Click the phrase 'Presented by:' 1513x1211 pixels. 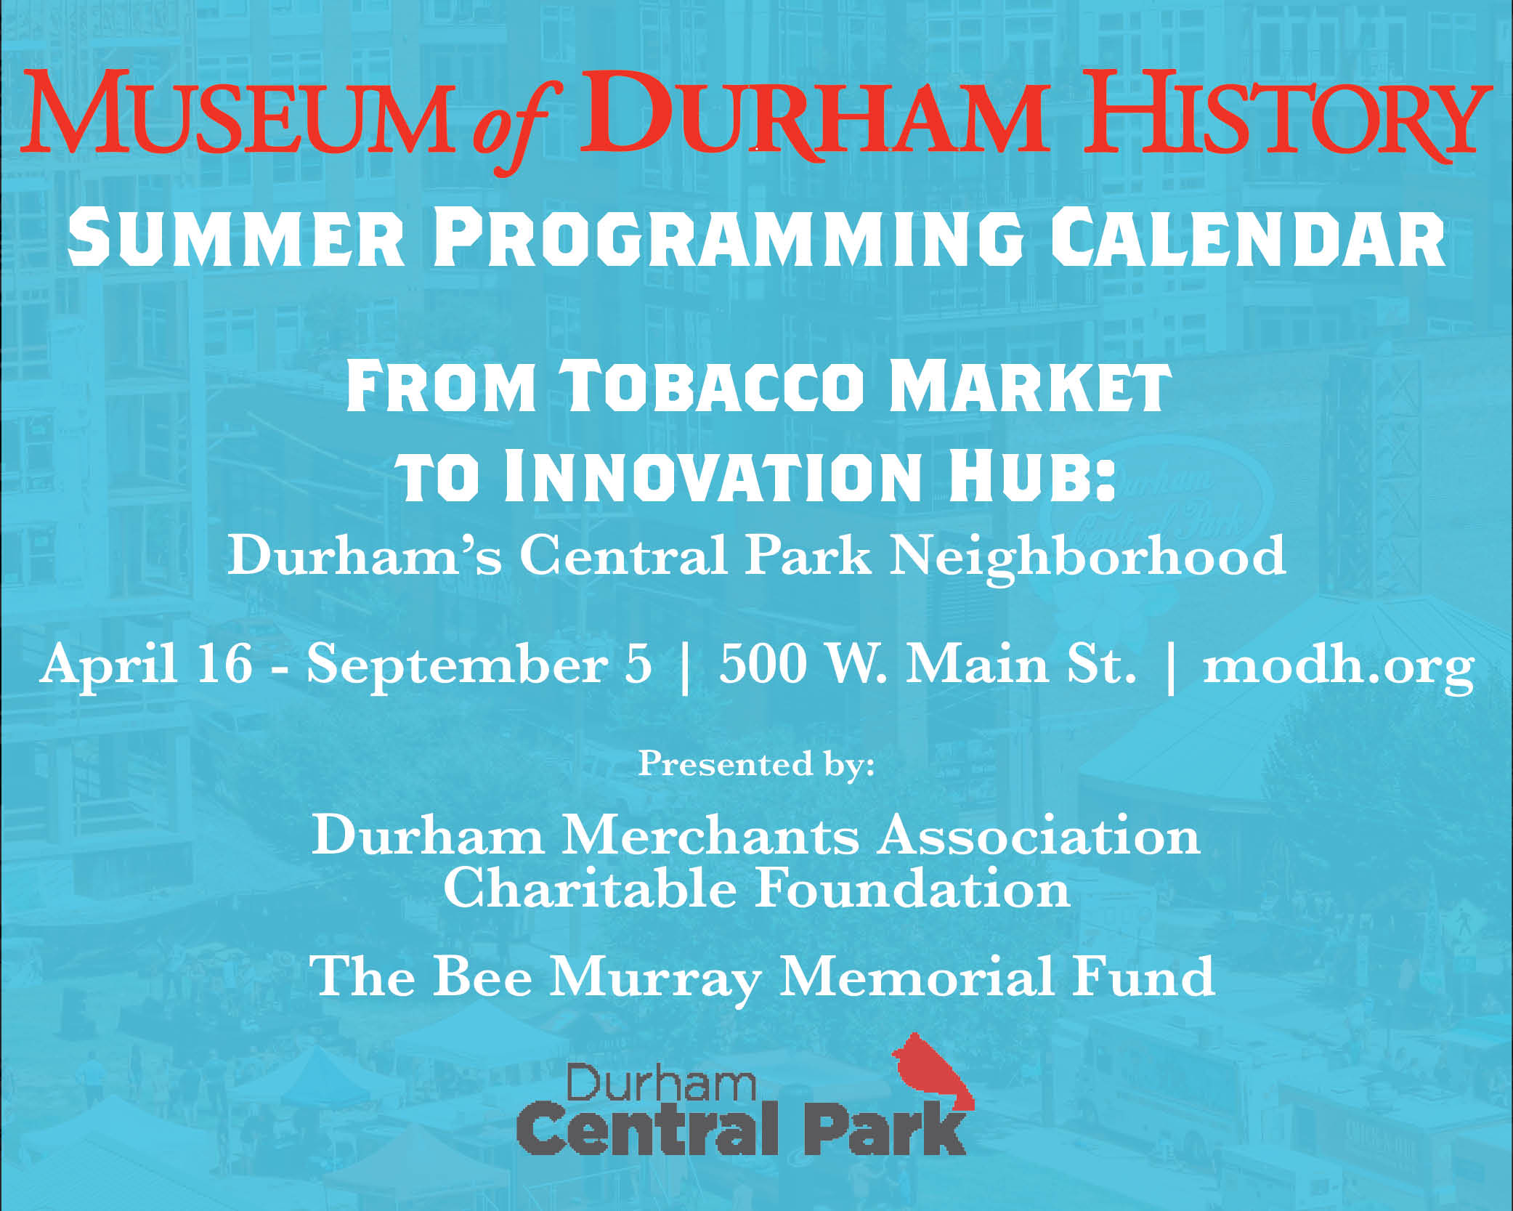pos(756,765)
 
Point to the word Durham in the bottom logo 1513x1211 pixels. pos(661,1085)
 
